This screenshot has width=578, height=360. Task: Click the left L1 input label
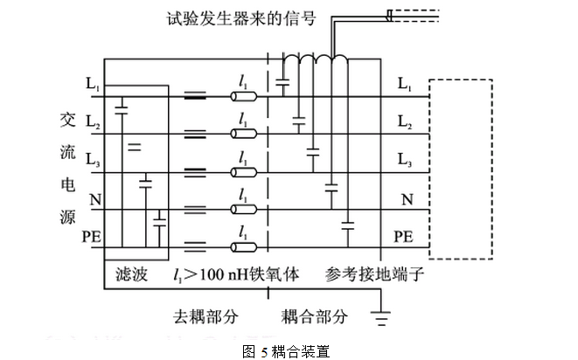click(93, 84)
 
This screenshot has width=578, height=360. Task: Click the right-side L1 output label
click(404, 84)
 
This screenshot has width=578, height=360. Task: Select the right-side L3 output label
click(404, 161)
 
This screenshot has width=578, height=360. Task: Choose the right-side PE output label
click(403, 236)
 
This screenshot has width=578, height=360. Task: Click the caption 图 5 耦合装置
click(288, 350)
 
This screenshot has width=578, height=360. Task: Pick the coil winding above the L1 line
click(315, 63)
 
